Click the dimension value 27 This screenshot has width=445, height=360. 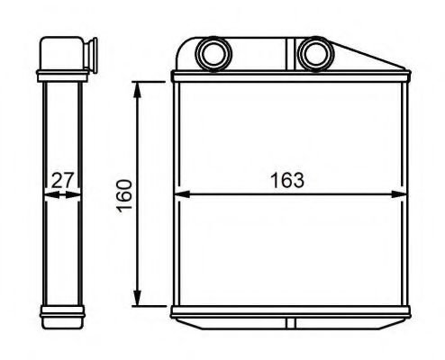(61, 179)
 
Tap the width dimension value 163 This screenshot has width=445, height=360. (286, 179)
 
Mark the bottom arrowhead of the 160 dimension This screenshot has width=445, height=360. (137, 301)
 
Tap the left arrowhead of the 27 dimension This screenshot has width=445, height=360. (46, 193)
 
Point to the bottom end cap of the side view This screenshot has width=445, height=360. (61, 315)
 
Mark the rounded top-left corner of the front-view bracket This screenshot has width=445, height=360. (183, 43)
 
